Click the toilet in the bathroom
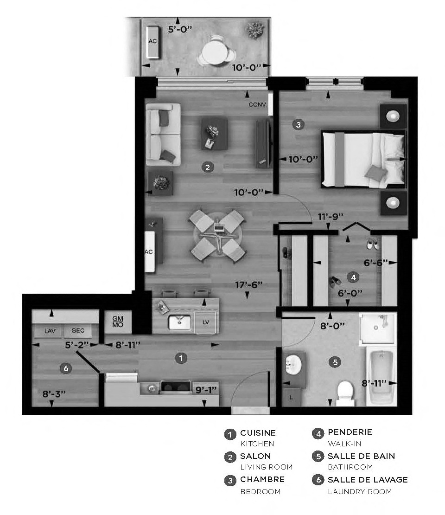(x=345, y=392)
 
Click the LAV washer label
(x=50, y=331)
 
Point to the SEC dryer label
(x=78, y=331)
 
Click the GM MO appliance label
(x=118, y=322)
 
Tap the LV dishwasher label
(x=206, y=322)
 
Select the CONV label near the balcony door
(x=257, y=105)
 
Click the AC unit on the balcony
(x=153, y=42)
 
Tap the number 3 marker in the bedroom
(x=298, y=124)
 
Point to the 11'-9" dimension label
(x=331, y=216)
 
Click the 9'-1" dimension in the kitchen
(x=205, y=390)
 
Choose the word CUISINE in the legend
(x=258, y=433)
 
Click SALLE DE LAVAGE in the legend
(x=368, y=479)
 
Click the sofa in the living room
(x=162, y=135)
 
